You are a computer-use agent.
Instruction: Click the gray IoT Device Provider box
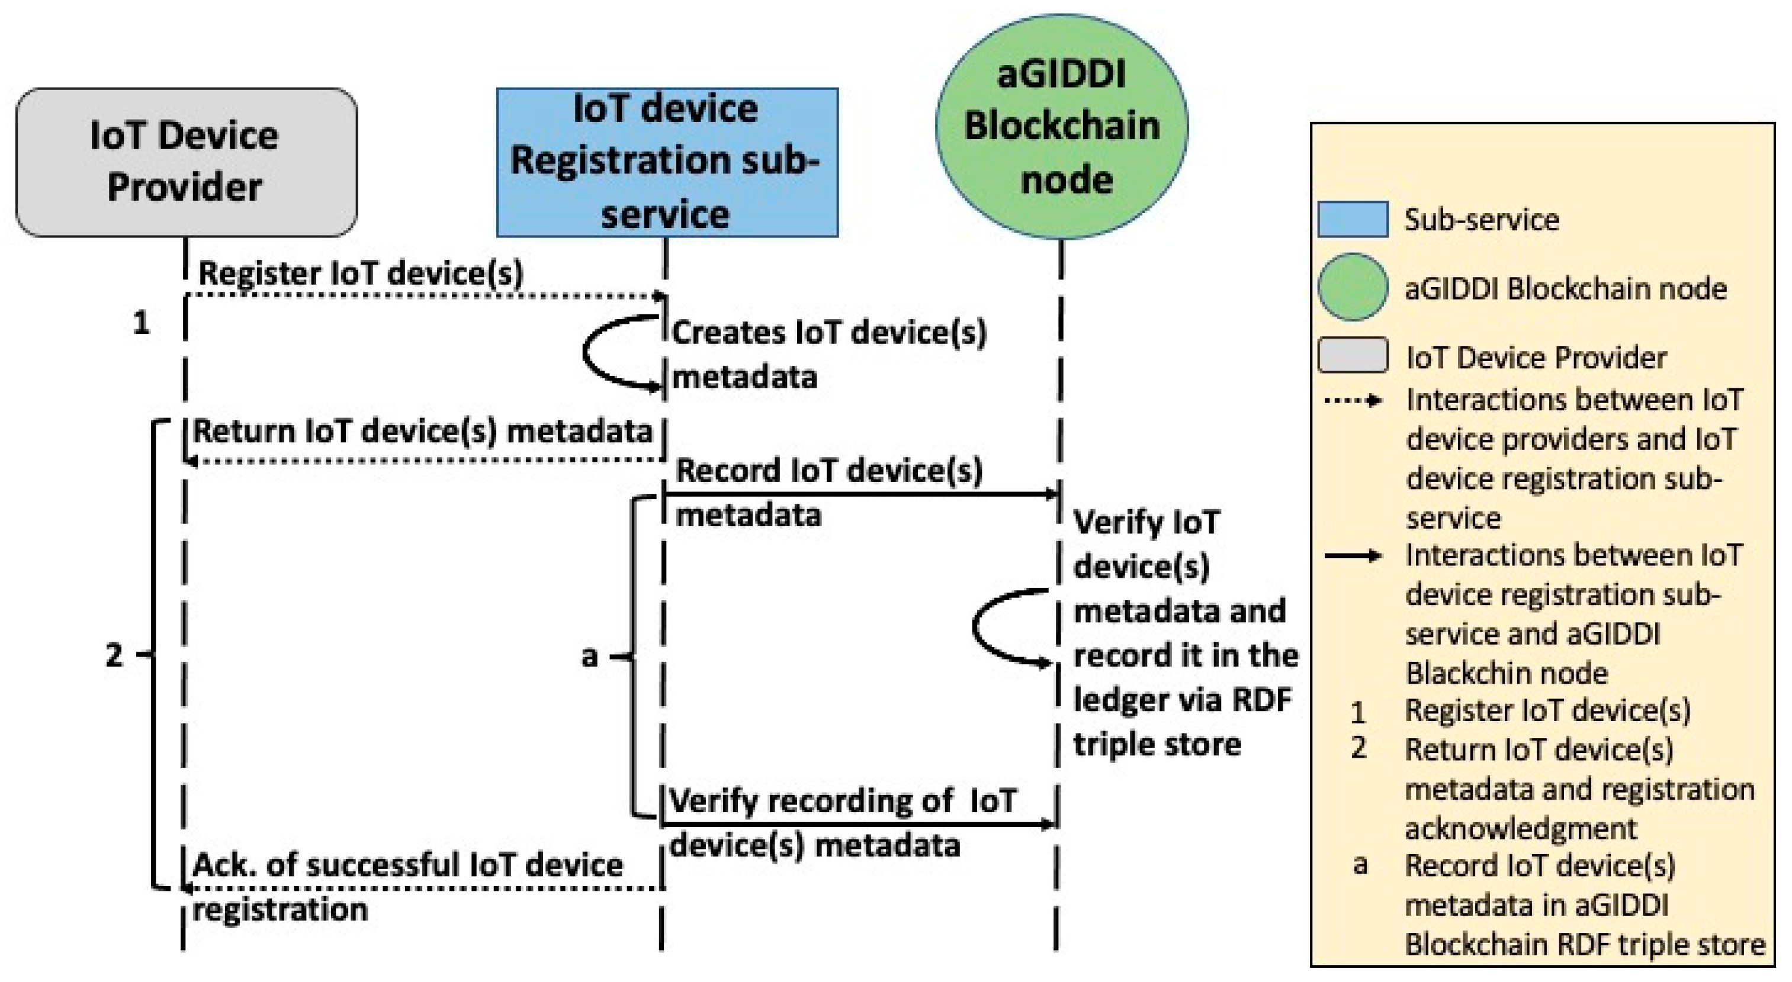(x=186, y=162)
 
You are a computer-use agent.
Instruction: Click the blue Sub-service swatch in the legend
(x=1353, y=220)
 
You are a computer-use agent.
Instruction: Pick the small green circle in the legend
(x=1353, y=287)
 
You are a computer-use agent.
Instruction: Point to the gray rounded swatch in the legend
(x=1353, y=355)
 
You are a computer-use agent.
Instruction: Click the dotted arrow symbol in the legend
(x=1353, y=401)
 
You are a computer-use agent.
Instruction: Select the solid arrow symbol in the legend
(x=1353, y=556)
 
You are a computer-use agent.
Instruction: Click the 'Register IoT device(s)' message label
(x=360, y=273)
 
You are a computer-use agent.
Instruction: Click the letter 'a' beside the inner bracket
(x=589, y=656)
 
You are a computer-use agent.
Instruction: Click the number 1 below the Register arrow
(x=141, y=323)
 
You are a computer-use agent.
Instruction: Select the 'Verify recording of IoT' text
(x=843, y=801)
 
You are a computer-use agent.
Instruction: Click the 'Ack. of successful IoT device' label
(x=407, y=865)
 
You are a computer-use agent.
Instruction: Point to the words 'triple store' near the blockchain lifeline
(x=1157, y=744)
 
